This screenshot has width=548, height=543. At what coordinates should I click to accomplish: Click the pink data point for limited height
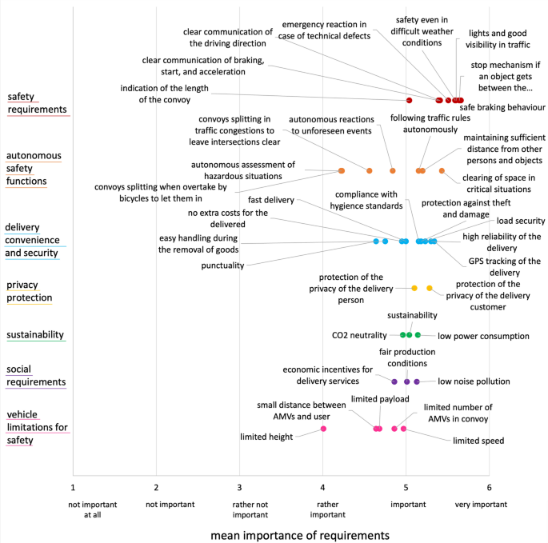coord(323,429)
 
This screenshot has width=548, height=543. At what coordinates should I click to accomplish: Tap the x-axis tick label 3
coord(239,487)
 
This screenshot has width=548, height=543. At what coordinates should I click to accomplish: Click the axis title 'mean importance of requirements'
coord(299,532)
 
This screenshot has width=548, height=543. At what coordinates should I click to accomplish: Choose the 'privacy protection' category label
coord(29,291)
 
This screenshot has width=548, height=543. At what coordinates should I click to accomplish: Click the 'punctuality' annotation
coord(222,266)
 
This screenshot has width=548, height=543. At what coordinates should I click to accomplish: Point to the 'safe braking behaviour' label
coord(502,107)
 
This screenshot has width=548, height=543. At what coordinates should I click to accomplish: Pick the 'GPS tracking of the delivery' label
coord(505,267)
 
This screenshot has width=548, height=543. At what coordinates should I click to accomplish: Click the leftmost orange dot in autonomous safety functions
coord(342,171)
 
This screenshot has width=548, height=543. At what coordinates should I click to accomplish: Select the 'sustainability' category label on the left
coord(36,334)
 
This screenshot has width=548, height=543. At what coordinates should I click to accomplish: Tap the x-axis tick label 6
coord(489,487)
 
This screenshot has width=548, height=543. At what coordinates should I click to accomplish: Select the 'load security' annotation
coord(520,221)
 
